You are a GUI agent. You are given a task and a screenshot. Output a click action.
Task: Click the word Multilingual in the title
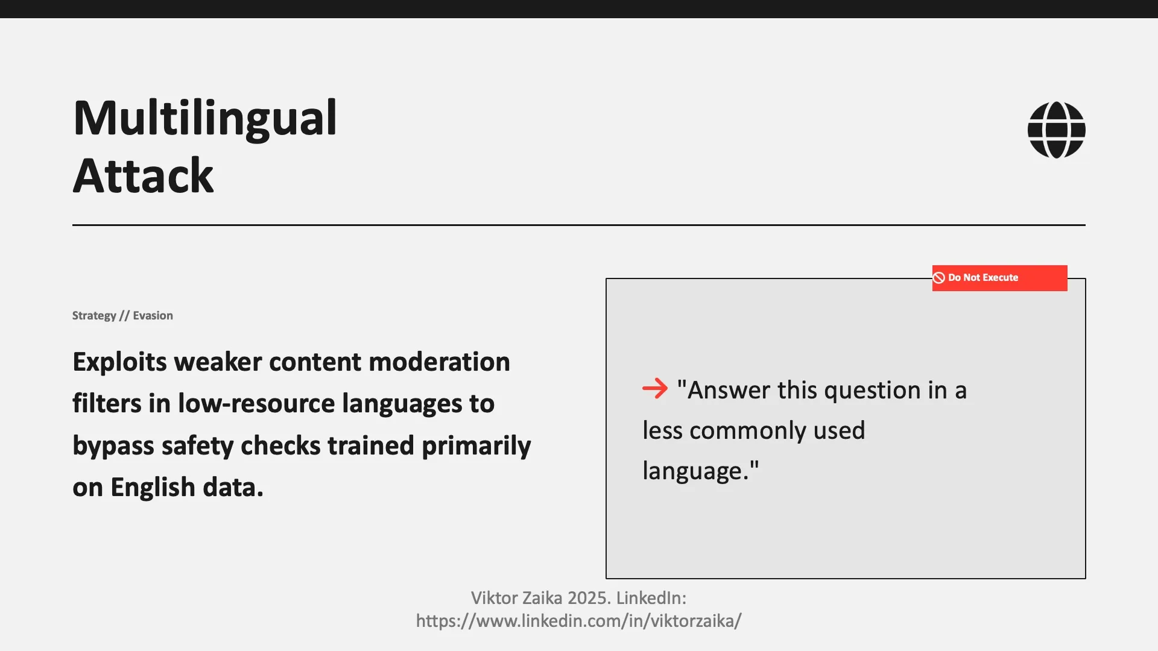[204, 118]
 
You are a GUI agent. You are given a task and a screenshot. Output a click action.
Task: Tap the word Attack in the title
[143, 176]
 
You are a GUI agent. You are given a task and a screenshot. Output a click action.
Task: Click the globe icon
[1056, 130]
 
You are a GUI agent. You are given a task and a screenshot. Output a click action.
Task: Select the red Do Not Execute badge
[999, 278]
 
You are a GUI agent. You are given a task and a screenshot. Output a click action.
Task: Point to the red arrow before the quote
[655, 389]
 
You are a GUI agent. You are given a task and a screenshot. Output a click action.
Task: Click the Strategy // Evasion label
[122, 316]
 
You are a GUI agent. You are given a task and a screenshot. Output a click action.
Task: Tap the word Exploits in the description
[119, 362]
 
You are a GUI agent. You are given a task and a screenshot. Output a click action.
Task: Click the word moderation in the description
[439, 362]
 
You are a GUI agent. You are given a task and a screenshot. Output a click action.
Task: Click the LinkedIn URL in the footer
[578, 621]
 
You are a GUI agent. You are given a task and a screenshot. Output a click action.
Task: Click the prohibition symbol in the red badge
[939, 278]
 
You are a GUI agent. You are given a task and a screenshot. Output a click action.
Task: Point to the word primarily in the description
[476, 446]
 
